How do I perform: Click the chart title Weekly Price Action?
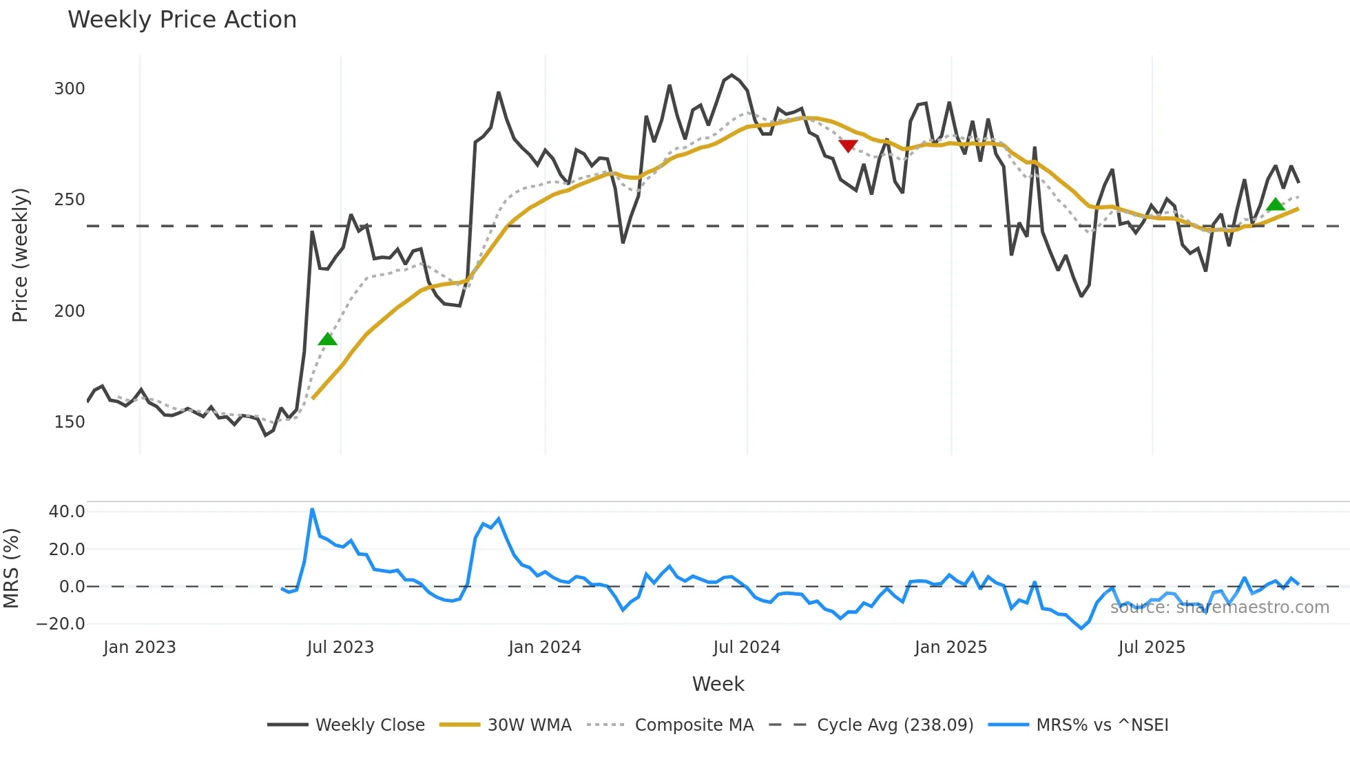[x=182, y=20]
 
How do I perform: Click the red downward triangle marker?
[x=848, y=145]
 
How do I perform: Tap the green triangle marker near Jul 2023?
[x=328, y=339]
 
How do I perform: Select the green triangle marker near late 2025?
[x=1276, y=205]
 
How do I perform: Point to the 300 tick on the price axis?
[x=70, y=89]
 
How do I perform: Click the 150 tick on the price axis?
[x=70, y=422]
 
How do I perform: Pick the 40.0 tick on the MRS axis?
[x=67, y=512]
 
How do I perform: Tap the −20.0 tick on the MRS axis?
[x=61, y=624]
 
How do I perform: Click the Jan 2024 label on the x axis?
[x=545, y=647]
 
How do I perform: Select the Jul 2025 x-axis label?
[x=1152, y=647]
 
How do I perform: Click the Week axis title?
[x=718, y=684]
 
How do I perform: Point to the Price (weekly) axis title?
[x=20, y=255]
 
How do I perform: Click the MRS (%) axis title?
[x=12, y=568]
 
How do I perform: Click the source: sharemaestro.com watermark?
[x=1219, y=607]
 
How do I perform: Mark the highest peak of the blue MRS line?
[x=312, y=510]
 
